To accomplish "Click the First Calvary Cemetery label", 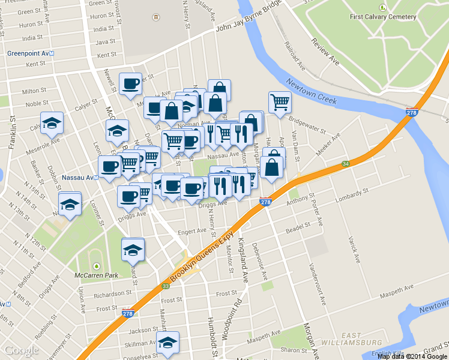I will click(382, 17).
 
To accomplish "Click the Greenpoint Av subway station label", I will click(31, 53).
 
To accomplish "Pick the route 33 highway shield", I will click(165, 286).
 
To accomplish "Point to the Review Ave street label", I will click(325, 51).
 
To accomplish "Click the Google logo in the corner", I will click(21, 350).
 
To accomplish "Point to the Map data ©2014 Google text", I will click(412, 356).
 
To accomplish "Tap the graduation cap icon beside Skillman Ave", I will click(167, 343).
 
